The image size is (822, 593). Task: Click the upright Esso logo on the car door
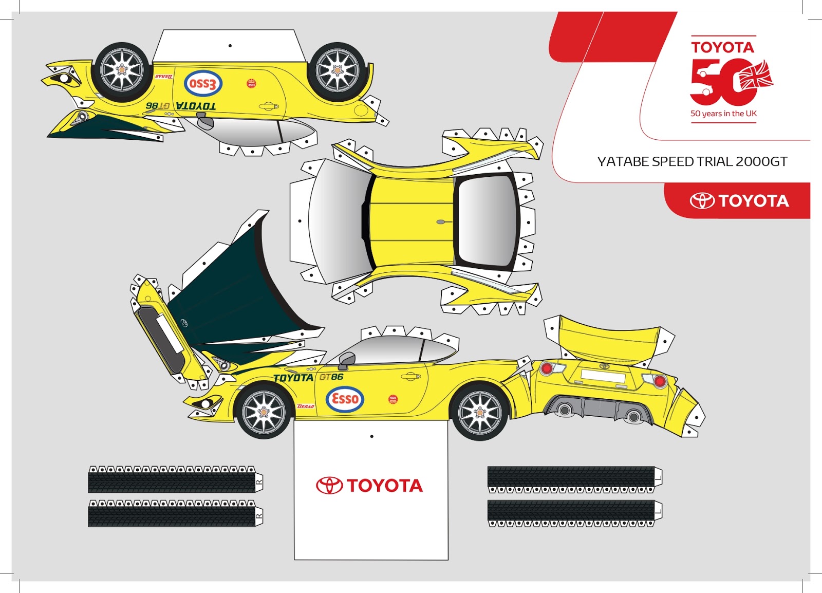tap(345, 399)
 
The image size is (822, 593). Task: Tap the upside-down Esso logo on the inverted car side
tap(203, 84)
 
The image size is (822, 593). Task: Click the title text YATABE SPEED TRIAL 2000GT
tap(692, 161)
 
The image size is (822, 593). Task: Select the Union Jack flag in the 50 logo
tap(756, 76)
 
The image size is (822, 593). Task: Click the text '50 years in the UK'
tap(723, 114)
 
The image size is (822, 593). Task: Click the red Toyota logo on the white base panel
tap(369, 485)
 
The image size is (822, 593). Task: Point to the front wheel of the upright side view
tap(264, 412)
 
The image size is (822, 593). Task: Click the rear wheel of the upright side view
tap(480, 412)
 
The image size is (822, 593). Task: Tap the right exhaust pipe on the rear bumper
tap(633, 417)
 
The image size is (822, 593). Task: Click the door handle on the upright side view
tap(410, 377)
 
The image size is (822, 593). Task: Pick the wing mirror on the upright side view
tap(346, 360)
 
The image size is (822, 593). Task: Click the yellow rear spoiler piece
tap(609, 339)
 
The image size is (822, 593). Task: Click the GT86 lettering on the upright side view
tap(331, 377)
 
